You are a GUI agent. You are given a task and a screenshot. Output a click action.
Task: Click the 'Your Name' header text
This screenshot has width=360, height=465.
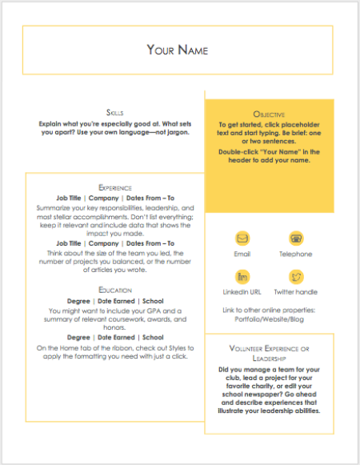(x=178, y=50)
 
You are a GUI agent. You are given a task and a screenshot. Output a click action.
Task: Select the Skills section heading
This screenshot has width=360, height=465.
(x=114, y=112)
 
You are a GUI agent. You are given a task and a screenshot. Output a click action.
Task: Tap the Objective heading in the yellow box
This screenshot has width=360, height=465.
(x=269, y=115)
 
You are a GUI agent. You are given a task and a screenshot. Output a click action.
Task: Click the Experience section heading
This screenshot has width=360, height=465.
(x=114, y=187)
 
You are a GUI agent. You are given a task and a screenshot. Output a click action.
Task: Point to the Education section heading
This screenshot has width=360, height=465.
(x=114, y=290)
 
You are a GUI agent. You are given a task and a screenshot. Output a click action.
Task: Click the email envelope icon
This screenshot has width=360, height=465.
(x=242, y=238)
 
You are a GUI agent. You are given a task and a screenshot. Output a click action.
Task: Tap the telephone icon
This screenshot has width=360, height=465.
(x=295, y=238)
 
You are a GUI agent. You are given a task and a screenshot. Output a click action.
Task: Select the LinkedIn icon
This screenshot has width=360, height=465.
(x=242, y=277)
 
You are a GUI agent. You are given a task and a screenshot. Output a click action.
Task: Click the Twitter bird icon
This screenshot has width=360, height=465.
(x=295, y=277)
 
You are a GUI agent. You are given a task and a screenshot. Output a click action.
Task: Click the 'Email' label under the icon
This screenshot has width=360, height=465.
(x=242, y=254)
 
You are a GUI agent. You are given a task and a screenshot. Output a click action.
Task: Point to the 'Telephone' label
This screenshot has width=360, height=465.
(x=295, y=254)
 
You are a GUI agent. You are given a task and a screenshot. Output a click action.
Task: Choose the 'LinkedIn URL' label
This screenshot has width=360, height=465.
(x=242, y=292)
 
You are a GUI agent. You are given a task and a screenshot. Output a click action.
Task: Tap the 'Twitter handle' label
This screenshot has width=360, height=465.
(x=295, y=292)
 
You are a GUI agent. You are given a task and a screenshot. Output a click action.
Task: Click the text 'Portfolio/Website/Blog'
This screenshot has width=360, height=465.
(x=269, y=318)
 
